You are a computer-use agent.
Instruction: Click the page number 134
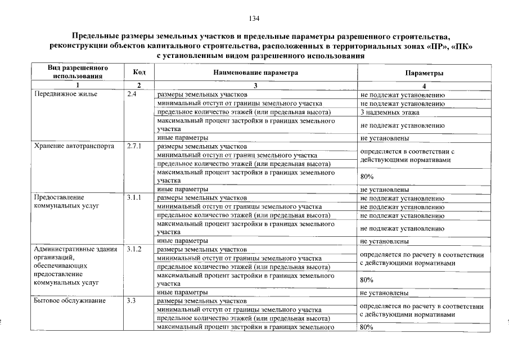pos(254,19)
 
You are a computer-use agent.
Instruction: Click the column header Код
pos(139,73)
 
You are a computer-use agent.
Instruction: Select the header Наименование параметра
pos(255,73)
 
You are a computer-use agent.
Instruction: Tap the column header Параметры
pos(424,73)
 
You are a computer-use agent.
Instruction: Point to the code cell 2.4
pos(133,94)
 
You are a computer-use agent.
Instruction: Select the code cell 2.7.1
pos(135,146)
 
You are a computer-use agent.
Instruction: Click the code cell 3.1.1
pos(135,197)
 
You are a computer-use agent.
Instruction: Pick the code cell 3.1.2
pos(135,249)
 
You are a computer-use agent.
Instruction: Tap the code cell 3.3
pos(133,301)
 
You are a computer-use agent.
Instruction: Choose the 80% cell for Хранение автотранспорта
pos(367,177)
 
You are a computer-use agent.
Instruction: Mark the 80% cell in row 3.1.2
pos(367,280)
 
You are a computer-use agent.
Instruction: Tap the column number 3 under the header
pos(255,85)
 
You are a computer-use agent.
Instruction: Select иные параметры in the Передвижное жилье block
pos(183,138)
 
